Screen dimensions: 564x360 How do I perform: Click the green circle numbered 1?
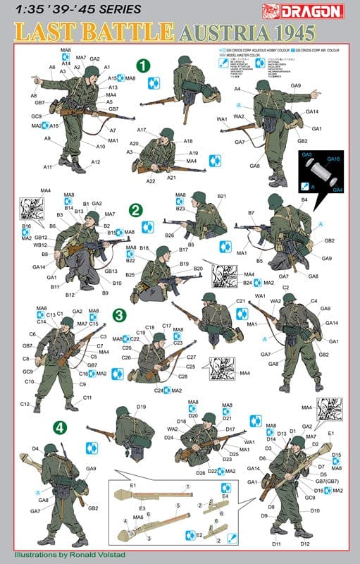(143, 65)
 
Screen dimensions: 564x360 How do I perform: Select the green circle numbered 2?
(136, 209)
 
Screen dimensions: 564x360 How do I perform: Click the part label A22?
(151, 181)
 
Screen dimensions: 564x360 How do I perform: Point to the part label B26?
(169, 235)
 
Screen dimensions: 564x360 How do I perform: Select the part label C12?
(25, 404)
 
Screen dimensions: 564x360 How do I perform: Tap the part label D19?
(141, 407)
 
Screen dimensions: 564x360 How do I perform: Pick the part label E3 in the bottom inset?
(142, 508)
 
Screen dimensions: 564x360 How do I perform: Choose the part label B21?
(221, 196)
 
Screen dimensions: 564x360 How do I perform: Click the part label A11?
(48, 167)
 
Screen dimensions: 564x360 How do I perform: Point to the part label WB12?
(41, 245)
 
